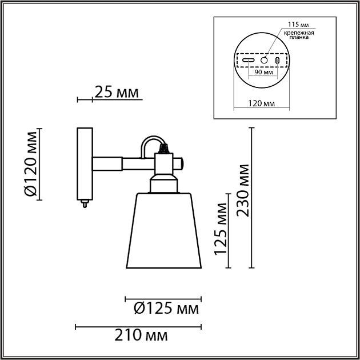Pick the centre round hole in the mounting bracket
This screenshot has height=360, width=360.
(264, 59)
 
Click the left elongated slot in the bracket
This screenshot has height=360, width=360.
(249, 59)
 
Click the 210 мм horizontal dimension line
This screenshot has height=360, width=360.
(138, 327)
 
